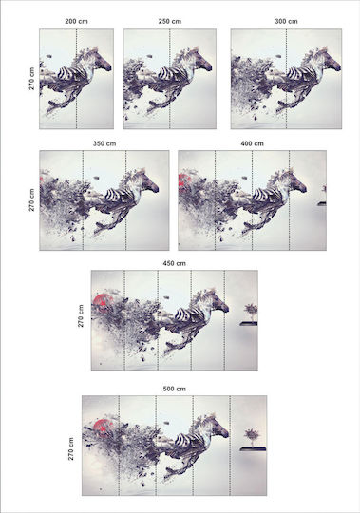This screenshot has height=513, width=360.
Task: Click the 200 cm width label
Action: tap(76, 21)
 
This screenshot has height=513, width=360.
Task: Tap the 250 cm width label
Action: tap(170, 21)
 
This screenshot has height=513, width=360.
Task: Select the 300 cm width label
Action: tap(286, 21)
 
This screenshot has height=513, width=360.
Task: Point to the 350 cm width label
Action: tap(104, 143)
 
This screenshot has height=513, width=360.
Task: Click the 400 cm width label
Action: tap(252, 143)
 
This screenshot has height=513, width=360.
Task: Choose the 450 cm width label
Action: tap(174, 263)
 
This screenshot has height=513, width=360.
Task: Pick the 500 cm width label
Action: tap(174, 389)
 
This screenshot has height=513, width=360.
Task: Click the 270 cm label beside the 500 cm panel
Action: tap(71, 448)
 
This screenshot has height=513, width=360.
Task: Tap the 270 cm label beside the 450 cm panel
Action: tap(81, 315)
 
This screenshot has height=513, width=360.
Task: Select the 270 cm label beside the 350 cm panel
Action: tap(31, 199)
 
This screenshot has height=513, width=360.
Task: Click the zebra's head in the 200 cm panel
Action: tap(103, 61)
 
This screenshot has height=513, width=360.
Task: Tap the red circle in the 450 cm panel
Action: tap(103, 302)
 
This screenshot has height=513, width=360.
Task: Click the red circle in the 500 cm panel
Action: tap(103, 427)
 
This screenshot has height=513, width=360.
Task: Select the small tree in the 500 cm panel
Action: tap(253, 438)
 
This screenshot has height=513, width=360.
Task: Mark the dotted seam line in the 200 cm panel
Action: tap(77, 79)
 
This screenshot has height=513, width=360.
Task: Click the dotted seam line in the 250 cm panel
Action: tap(170, 79)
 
